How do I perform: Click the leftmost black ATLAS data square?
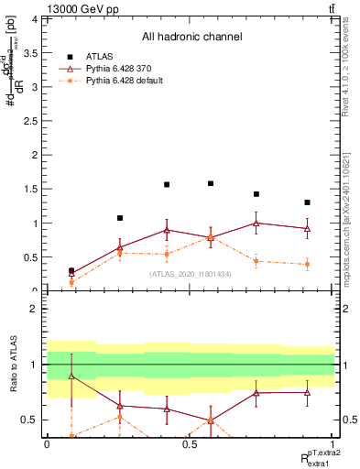pos(71,271)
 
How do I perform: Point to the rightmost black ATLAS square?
pos(308,202)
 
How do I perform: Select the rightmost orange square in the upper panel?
pos(308,264)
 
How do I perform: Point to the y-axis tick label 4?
pos(34,18)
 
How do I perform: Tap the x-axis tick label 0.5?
pos(190,443)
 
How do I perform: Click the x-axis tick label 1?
pos(333,443)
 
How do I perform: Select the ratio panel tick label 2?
pos(34,310)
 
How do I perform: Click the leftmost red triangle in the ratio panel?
pos(71,376)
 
